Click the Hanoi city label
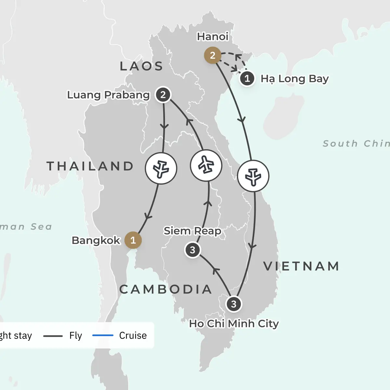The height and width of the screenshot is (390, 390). coord(213,36)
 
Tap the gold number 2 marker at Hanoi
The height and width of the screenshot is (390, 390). coord(213,56)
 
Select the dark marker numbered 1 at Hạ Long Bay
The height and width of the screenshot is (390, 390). coord(247,79)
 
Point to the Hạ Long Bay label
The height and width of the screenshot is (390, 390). coord(294,79)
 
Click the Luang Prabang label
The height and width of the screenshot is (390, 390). coord(108,95)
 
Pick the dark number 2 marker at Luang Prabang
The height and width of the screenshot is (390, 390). coord(163,95)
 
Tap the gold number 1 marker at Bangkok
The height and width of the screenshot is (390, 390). coord(133,240)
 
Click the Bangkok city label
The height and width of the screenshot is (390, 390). coord(96,240)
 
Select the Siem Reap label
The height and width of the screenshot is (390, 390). coord(192,231)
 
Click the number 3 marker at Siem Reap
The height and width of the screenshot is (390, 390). coord(192,250)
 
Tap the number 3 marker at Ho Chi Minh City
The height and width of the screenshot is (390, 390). coord(234,304)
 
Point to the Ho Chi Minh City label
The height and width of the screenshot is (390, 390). coord(234,324)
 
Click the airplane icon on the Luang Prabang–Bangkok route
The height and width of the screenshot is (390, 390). coord(161,168)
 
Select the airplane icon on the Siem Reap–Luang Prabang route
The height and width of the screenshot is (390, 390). coord(206,165)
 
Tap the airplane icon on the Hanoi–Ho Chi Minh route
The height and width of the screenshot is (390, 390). coord(253,176)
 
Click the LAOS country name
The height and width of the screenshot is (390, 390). coord(141,66)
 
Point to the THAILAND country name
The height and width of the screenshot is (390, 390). coord(90,166)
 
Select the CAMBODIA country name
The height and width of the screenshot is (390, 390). coord(165,289)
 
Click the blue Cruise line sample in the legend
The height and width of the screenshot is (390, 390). coord(103,335)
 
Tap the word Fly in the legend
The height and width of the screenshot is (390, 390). coord(76,335)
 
